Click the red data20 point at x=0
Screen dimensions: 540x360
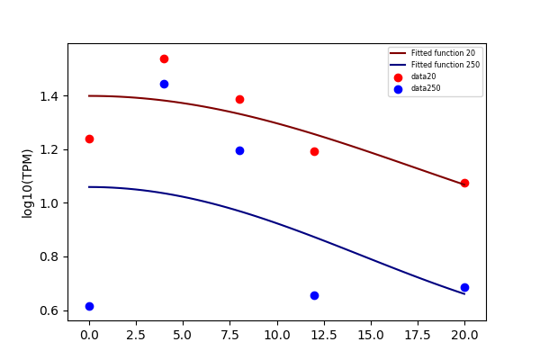pyautogui.click(x=89, y=139)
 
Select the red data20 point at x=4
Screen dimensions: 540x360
pyautogui.click(x=165, y=58)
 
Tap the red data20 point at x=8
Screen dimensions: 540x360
pyautogui.click(x=239, y=100)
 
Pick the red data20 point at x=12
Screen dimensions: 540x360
pyautogui.click(x=314, y=151)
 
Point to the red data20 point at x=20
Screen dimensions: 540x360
pyautogui.click(x=464, y=183)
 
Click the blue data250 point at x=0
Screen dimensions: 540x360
pyautogui.click(x=89, y=306)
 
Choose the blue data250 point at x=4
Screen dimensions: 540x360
pyautogui.click(x=165, y=84)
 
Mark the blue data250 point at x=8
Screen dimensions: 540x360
pyautogui.click(x=239, y=150)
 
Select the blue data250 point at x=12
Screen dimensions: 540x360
pyautogui.click(x=314, y=295)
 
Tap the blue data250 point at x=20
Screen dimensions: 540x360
pyautogui.click(x=464, y=287)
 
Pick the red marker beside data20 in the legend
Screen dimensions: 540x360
pyautogui.click(x=398, y=77)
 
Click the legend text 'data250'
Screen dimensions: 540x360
pyautogui.click(x=426, y=88)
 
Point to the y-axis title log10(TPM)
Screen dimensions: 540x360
pyautogui.click(x=27, y=184)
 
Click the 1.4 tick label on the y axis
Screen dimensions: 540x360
pyautogui.click(x=49, y=96)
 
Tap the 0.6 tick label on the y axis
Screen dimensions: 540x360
pyautogui.click(x=49, y=311)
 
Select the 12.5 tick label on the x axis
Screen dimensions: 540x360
pyautogui.click(x=324, y=335)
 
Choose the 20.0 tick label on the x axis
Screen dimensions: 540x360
pyautogui.click(x=464, y=335)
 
